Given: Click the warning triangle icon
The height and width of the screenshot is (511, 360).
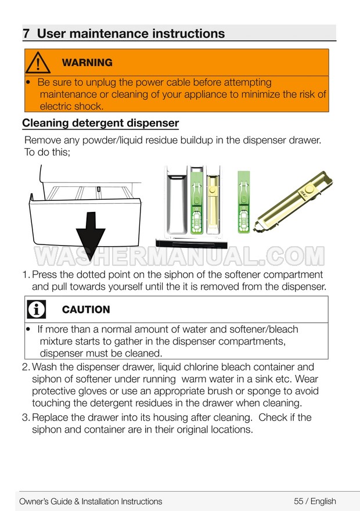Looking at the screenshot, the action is (x=38, y=63).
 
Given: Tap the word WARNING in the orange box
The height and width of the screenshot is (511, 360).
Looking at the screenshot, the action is (x=87, y=63).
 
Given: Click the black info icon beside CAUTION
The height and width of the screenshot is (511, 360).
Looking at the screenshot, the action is (x=37, y=310).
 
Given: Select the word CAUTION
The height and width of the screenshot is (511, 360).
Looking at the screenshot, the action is (x=86, y=310).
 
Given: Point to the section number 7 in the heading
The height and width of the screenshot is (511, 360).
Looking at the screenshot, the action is (x=26, y=34).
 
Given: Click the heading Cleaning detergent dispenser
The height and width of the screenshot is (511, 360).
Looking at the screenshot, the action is (x=100, y=123).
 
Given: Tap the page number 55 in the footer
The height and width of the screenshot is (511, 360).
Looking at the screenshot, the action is (x=298, y=501).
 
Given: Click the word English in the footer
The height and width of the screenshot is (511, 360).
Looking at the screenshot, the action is (x=323, y=501).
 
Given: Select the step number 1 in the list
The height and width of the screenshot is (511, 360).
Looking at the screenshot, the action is (x=26, y=275).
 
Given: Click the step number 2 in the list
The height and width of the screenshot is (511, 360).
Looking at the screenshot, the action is (x=26, y=367).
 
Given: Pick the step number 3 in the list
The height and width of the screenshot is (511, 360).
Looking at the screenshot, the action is (x=26, y=418).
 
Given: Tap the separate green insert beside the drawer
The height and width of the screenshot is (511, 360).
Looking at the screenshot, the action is (x=244, y=201).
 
